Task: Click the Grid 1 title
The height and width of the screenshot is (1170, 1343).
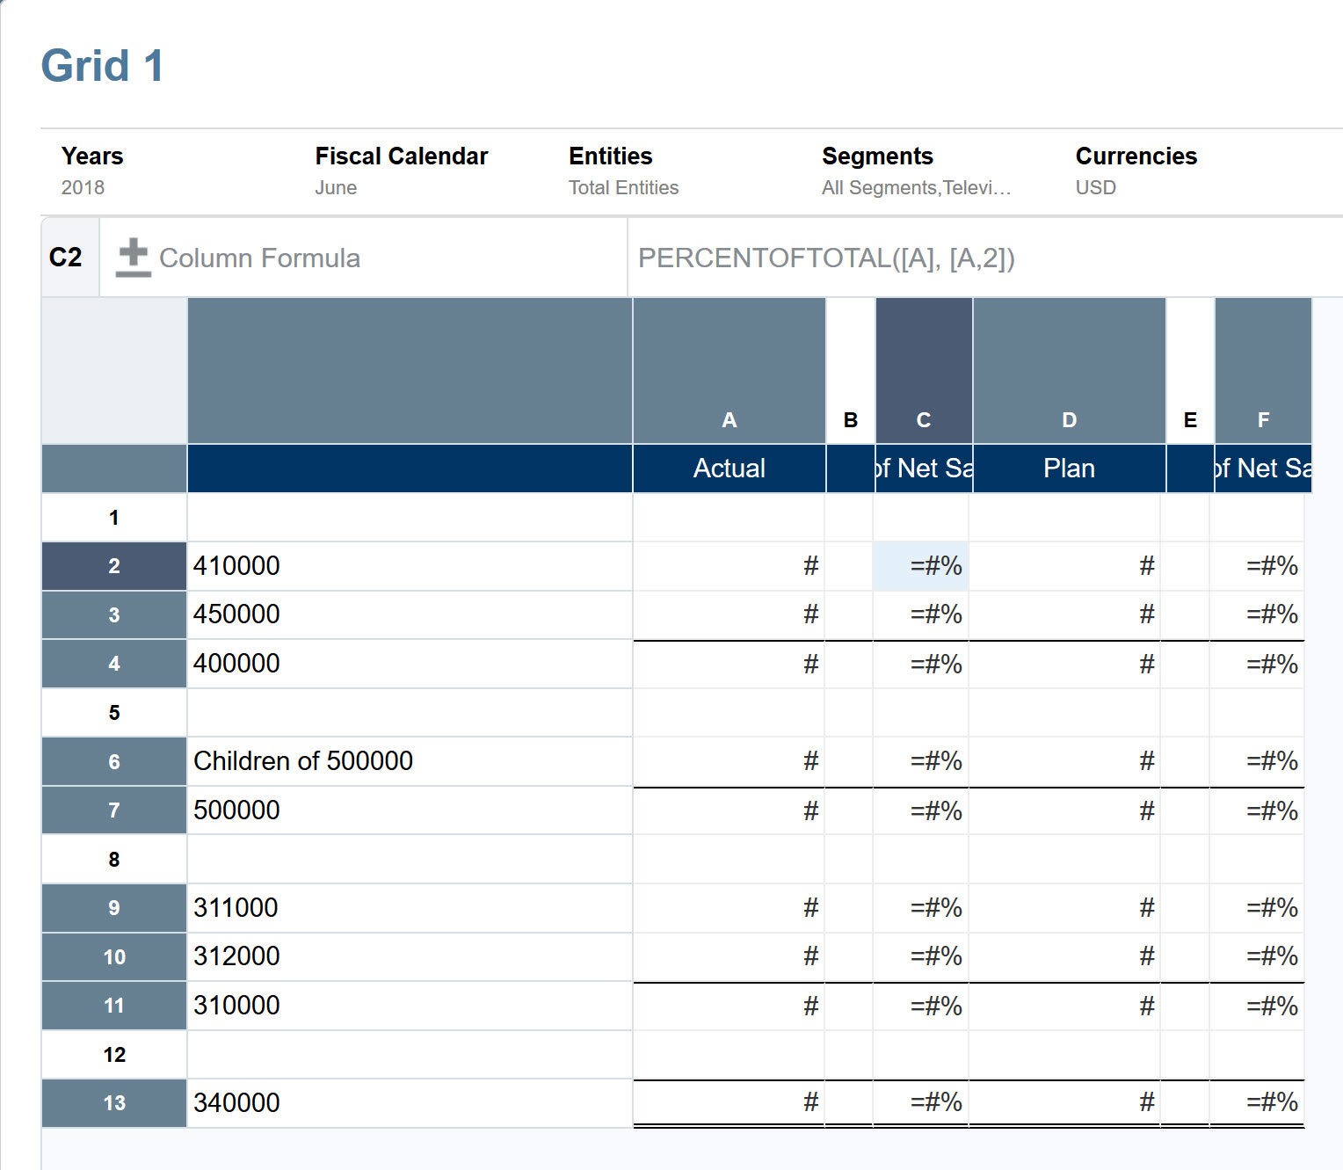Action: coord(102,66)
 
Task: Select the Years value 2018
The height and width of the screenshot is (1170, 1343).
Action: coord(83,187)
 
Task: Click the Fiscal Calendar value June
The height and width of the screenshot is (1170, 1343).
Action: coord(336,187)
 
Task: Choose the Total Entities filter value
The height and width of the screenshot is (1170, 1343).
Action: coord(623,187)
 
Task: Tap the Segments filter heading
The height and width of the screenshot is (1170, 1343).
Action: coord(877,156)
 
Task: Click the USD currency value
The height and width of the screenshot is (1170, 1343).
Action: coord(1095,187)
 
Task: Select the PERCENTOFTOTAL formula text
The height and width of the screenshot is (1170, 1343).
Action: coord(826,258)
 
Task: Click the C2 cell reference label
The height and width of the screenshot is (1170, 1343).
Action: coord(66,258)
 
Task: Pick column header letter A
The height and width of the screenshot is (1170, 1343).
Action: coord(729,420)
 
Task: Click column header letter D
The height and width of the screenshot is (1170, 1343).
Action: coord(1069,420)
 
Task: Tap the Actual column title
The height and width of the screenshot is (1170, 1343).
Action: coord(729,469)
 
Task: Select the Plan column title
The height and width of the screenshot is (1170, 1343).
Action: coord(1069,469)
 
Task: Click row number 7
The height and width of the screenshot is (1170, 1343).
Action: coord(114,810)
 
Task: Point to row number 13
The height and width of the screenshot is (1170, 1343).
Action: coord(114,1103)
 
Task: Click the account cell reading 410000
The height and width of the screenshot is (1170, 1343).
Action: coord(236,566)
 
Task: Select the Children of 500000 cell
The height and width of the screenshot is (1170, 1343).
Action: coord(303,761)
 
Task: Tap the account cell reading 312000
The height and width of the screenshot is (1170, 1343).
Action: coord(236,956)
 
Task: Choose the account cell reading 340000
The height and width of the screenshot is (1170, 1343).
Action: coord(236,1103)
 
